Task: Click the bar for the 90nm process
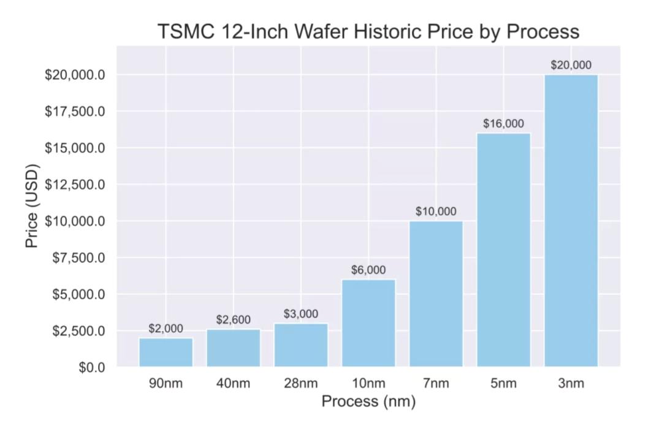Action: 165,353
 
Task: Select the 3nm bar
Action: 571,221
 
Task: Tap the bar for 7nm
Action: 436,294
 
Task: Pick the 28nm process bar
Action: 301,345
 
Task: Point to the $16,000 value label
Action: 503,123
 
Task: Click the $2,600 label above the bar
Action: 234,320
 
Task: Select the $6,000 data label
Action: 368,270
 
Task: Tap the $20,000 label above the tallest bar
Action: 571,65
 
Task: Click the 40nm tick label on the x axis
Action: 234,384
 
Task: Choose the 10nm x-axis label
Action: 368,384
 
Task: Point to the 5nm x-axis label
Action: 503,384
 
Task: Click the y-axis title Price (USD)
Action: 32,206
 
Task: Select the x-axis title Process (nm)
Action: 368,402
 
